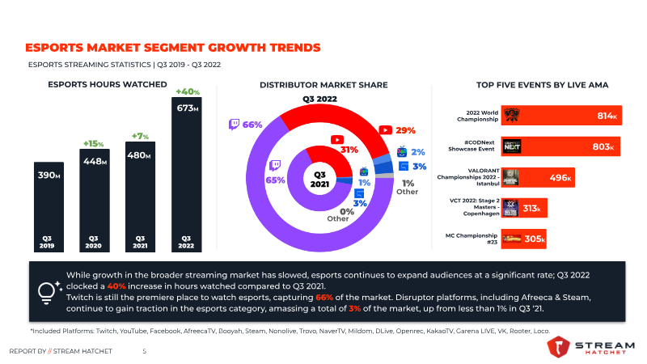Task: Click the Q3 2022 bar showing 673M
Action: [187, 175]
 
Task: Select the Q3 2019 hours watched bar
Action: [49, 207]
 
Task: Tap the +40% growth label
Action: [188, 91]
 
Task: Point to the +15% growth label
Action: [93, 144]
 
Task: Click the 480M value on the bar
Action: [139, 155]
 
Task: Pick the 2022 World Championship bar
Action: [561, 115]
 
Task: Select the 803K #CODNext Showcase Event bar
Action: [560, 146]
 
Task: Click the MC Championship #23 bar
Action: [523, 239]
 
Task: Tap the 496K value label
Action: [560, 178]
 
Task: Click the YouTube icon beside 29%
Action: [386, 130]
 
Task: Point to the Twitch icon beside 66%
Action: [234, 125]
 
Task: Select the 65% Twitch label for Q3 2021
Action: [275, 180]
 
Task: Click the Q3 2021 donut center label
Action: [319, 179]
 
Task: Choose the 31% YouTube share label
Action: [349, 150]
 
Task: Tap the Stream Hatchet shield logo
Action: [558, 347]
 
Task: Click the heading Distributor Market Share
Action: [323, 85]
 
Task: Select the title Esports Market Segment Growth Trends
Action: [173, 48]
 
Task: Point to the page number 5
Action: [145, 351]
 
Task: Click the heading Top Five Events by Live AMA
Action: [542, 85]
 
